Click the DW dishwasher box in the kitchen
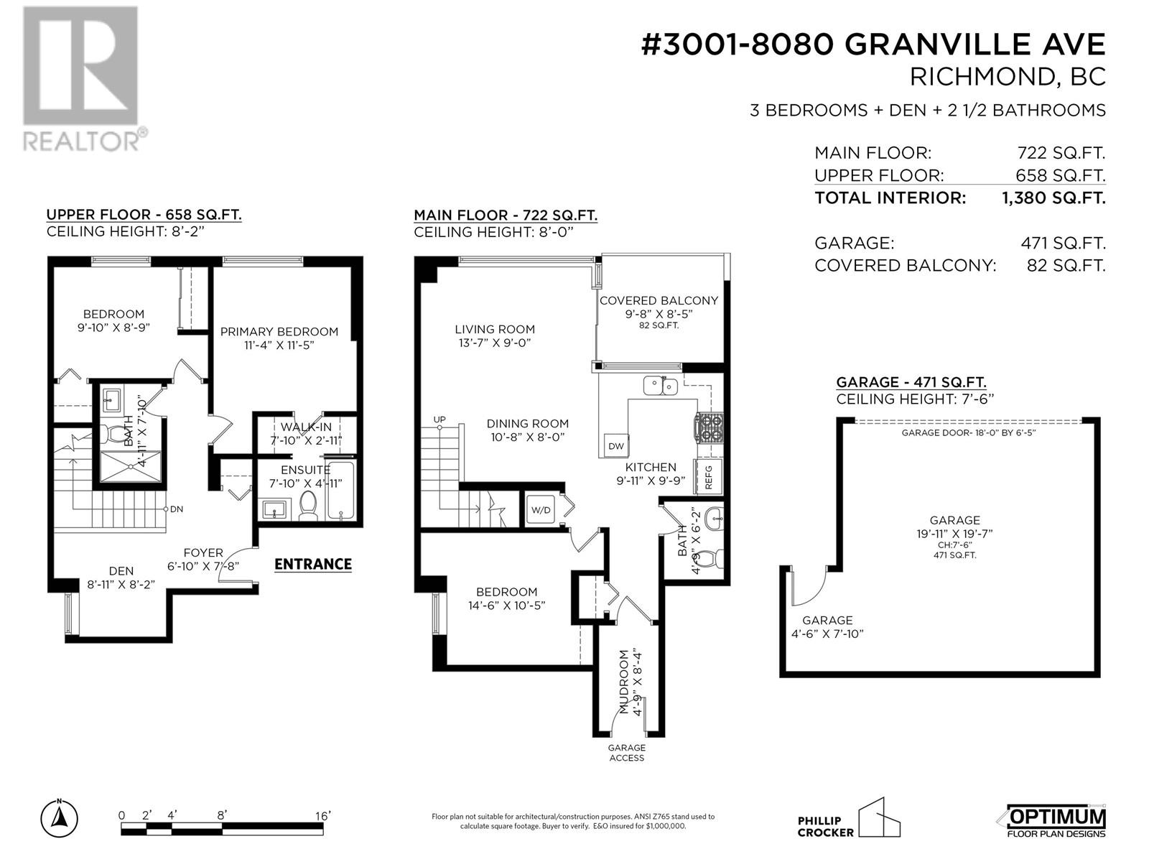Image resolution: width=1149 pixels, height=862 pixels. tap(616, 445)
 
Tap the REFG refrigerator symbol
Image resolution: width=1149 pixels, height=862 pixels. tap(708, 476)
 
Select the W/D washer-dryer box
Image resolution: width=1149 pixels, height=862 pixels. tap(540, 510)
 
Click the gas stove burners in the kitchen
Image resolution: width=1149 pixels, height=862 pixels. tap(709, 427)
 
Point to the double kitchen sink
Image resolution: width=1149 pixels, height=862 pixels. tap(661, 386)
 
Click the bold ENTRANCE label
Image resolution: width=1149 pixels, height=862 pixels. tap(313, 564)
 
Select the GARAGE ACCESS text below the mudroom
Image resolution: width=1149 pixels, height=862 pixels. tap(627, 753)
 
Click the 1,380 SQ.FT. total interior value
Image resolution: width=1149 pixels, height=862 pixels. tap(1053, 198)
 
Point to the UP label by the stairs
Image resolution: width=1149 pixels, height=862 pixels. tap(439, 420)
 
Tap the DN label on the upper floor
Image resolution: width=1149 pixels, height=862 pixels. tap(177, 509)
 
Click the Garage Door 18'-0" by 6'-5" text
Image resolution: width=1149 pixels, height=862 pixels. tap(969, 433)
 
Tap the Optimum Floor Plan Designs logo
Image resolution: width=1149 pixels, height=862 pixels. tap(1051, 820)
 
